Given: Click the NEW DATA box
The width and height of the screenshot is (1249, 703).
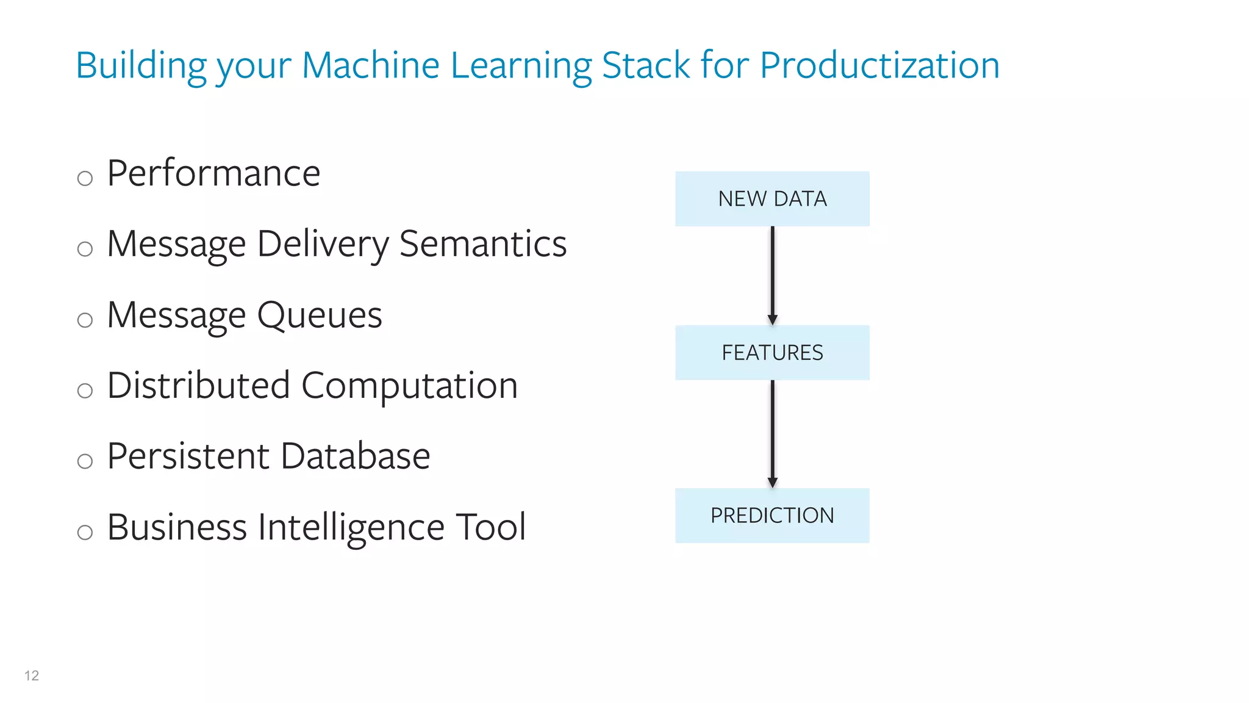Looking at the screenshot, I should [772, 199].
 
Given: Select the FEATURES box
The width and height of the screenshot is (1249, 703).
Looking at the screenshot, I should [772, 353].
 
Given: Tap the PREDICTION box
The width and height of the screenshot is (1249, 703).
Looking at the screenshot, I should [772, 516].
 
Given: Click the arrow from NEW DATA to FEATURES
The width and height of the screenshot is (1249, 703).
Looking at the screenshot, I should [772, 275].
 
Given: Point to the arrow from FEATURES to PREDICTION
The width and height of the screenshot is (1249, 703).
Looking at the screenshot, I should [772, 433].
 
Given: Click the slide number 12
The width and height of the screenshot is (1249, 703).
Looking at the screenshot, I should [32, 676].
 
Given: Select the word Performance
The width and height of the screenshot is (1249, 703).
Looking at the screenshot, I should [213, 173].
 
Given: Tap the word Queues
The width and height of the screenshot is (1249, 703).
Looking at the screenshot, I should [320, 315].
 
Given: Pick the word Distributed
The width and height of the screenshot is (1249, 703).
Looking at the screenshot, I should [198, 386].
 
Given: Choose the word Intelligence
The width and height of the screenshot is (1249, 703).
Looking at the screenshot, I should [351, 527].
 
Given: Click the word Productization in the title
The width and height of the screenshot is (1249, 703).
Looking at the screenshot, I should [879, 65].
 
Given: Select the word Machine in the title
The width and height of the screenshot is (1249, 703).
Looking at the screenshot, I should [370, 65].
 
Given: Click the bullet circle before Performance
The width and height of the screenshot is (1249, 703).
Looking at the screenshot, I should [85, 178].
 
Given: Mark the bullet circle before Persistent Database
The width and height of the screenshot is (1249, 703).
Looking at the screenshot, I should [85, 461].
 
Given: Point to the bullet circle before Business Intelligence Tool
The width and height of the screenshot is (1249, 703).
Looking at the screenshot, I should [85, 532].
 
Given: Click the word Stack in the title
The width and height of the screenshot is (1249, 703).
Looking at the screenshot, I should [646, 65].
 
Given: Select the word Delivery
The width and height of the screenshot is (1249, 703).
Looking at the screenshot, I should [323, 244].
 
